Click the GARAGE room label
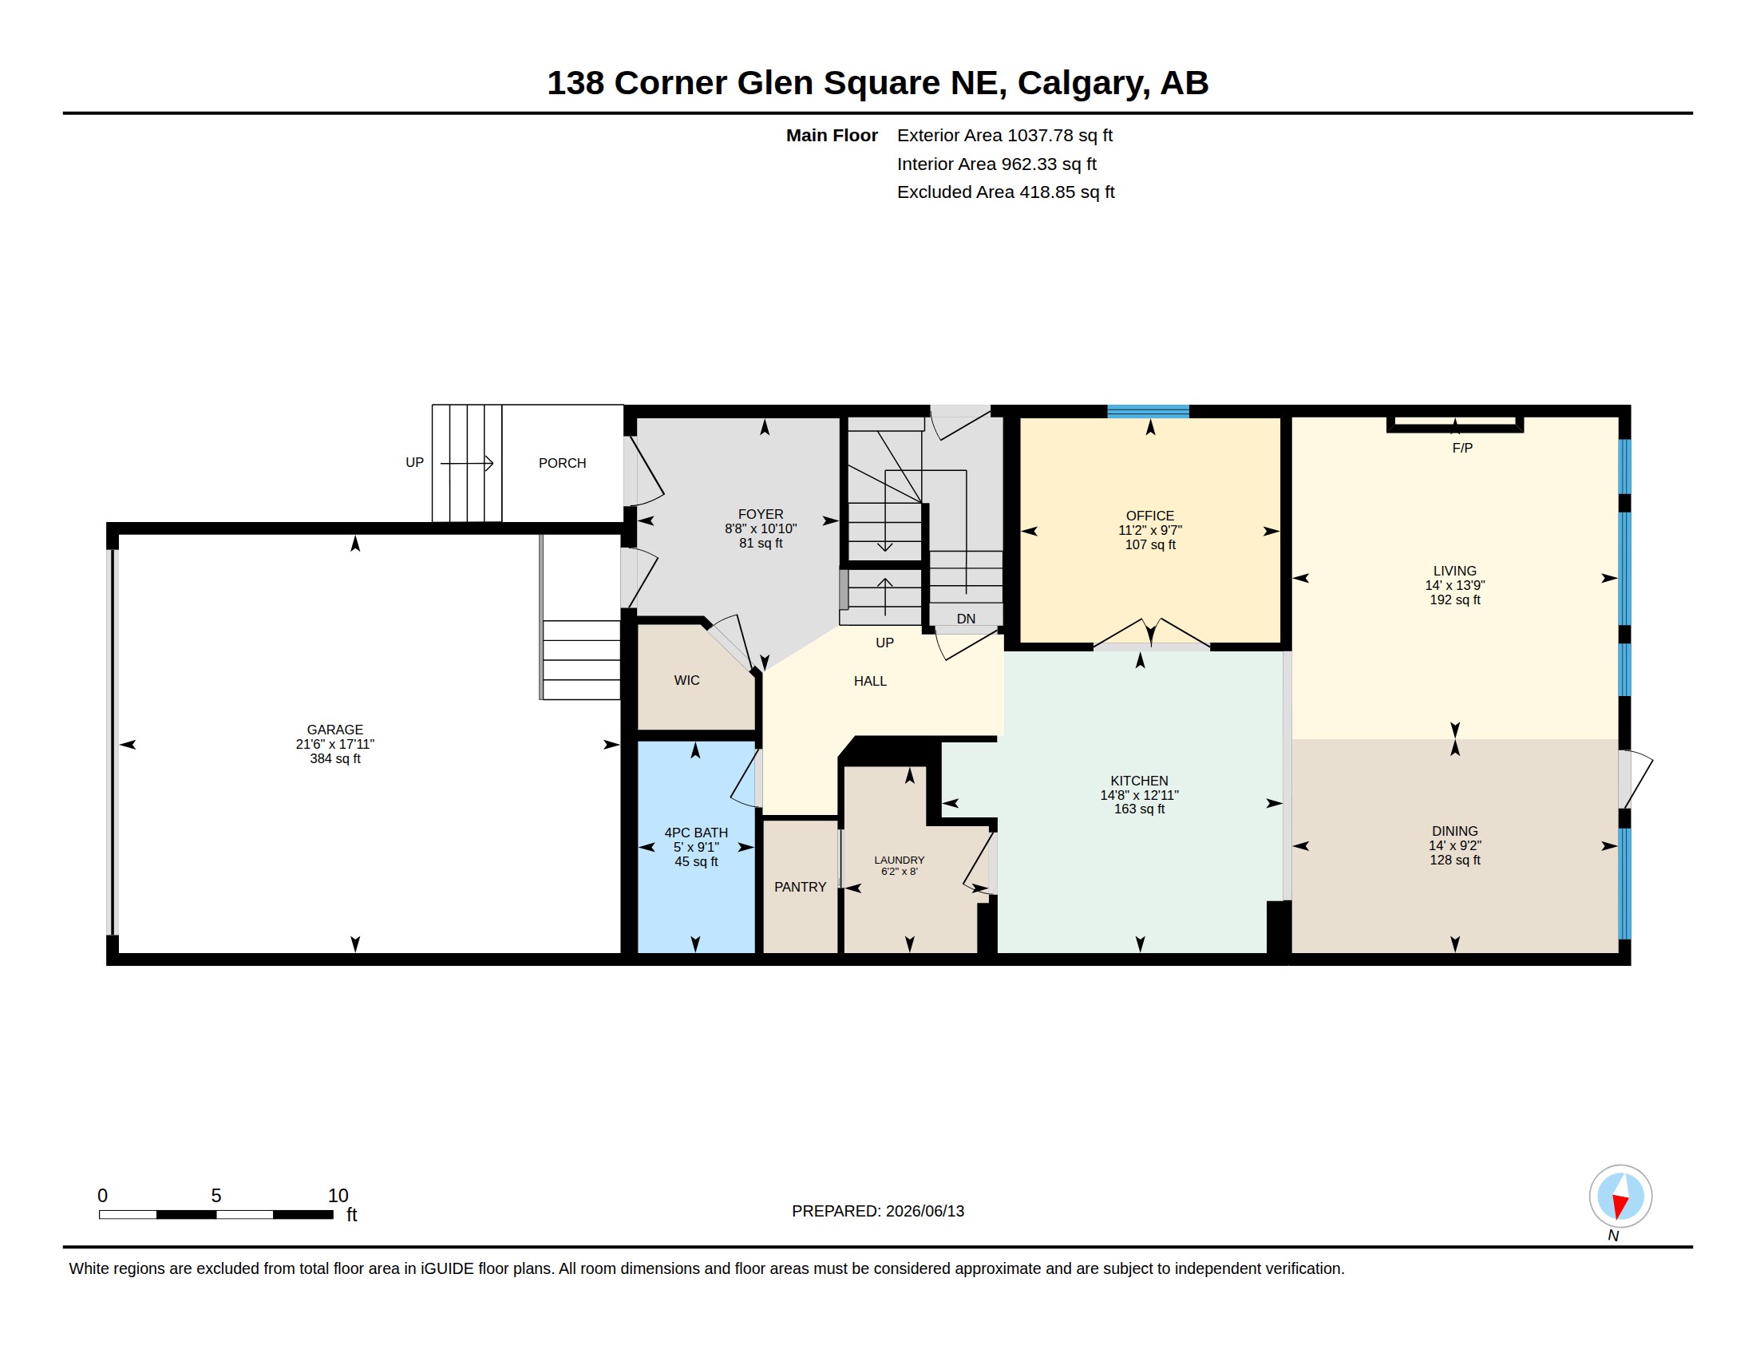pyautogui.click(x=334, y=729)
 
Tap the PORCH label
pyautogui.click(x=562, y=463)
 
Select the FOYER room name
pyautogui.click(x=760, y=515)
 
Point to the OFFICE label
pyautogui.click(x=1149, y=516)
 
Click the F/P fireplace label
pyautogui.click(x=1461, y=448)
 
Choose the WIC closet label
pyautogui.click(x=686, y=680)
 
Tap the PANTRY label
pyautogui.click(x=800, y=887)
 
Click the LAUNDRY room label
pyautogui.click(x=899, y=860)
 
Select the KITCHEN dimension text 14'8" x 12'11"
pyautogui.click(x=1139, y=795)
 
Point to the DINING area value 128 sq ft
pyautogui.click(x=1454, y=860)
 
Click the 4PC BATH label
pyautogui.click(x=695, y=833)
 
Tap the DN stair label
pyautogui.click(x=966, y=618)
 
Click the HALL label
pyautogui.click(x=870, y=681)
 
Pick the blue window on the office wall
pyautogui.click(x=1147, y=412)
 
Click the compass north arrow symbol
pyautogui.click(x=1620, y=1197)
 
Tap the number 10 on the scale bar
pyautogui.click(x=338, y=1196)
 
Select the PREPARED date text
pyautogui.click(x=877, y=1211)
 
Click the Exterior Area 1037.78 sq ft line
pyautogui.click(x=1004, y=135)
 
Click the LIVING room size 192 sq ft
pyautogui.click(x=1454, y=599)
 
